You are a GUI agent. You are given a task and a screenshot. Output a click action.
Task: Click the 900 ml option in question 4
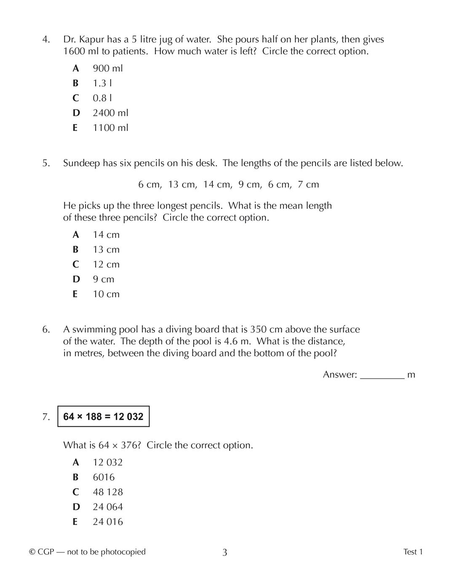[107, 68]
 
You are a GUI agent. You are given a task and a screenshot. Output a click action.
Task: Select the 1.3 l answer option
[102, 83]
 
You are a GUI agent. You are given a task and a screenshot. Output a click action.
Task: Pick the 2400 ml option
[110, 113]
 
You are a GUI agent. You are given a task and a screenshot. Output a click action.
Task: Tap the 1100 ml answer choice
[110, 128]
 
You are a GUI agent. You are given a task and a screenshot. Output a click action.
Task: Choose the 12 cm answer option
[106, 265]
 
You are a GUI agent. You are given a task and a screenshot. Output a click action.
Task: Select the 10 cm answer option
[106, 294]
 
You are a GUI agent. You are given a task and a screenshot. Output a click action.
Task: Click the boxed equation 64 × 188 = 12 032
[103, 417]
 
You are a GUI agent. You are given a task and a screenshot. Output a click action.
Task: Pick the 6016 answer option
[104, 477]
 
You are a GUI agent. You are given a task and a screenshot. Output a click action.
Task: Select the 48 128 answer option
[108, 492]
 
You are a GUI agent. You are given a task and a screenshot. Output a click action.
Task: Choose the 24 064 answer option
[108, 507]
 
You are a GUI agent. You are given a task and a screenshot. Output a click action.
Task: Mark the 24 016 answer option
[108, 522]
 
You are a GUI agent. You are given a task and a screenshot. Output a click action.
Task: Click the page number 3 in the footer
[224, 552]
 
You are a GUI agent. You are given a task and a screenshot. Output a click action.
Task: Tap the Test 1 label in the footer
[413, 552]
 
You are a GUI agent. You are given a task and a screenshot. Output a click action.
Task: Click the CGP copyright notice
[87, 552]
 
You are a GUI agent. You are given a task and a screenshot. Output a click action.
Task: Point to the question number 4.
[46, 40]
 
